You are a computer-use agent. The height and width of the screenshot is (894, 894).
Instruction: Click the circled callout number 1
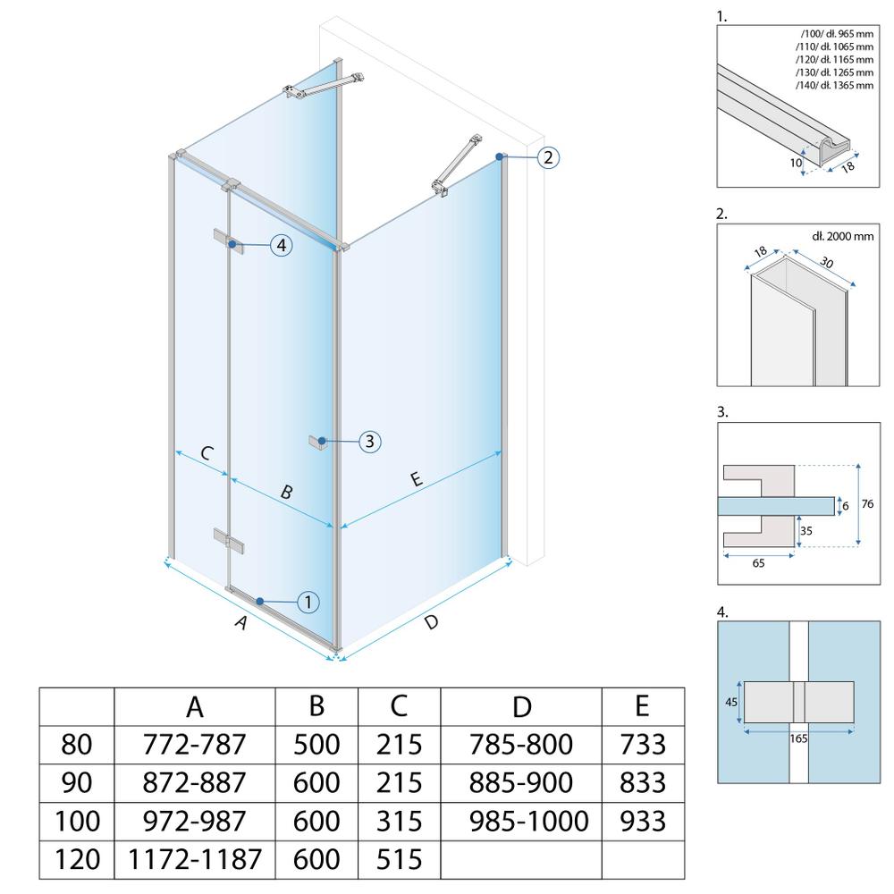point(308,603)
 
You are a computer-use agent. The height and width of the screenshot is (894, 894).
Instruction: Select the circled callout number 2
point(548,158)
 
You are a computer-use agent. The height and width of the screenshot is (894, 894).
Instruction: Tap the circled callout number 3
point(370,441)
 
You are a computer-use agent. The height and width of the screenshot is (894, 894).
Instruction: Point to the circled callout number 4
point(282,245)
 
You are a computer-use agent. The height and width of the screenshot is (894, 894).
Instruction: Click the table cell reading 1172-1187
point(195,859)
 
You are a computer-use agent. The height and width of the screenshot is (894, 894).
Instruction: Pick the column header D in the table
point(523,706)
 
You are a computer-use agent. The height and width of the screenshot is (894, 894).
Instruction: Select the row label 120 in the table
point(76,859)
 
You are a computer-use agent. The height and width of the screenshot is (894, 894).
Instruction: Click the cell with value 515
point(399,859)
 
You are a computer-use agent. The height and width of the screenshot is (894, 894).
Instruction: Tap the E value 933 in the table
point(643,821)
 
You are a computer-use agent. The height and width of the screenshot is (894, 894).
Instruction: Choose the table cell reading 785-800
point(523,744)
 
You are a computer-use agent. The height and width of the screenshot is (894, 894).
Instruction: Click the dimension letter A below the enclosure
point(239,624)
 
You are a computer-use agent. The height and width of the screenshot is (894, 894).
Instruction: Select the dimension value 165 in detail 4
point(797,739)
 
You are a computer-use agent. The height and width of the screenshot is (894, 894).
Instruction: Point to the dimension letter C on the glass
point(206,452)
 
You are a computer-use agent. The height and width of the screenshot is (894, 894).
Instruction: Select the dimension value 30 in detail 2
point(827,265)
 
